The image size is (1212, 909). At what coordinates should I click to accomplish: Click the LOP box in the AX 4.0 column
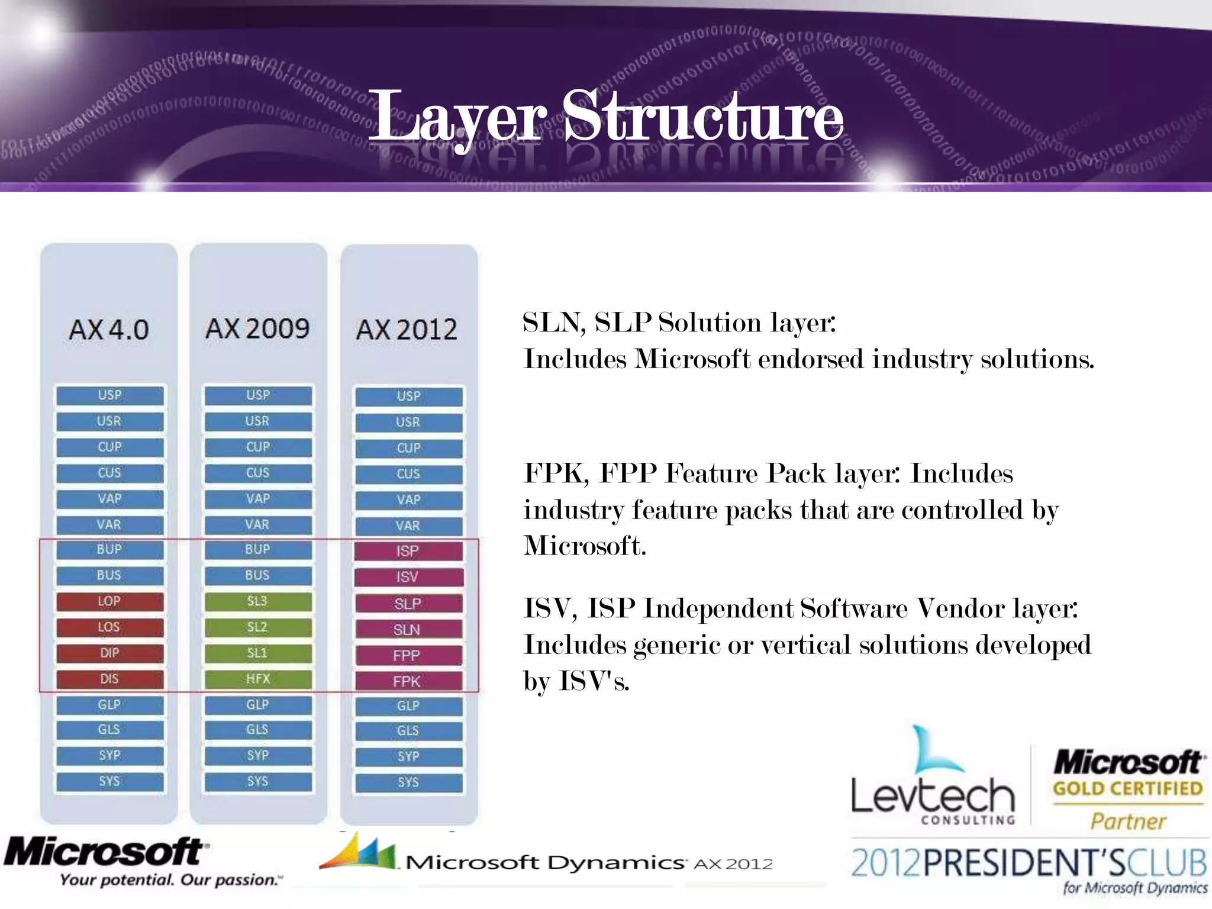[x=109, y=601]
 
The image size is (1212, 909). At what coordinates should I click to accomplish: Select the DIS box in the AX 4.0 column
[x=109, y=679]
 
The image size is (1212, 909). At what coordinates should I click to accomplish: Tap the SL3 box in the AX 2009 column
[x=257, y=601]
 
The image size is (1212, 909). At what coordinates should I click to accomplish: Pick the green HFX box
[x=257, y=679]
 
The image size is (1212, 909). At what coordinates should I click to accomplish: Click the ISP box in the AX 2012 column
[x=408, y=551]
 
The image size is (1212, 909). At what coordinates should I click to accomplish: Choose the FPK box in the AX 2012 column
[x=408, y=681]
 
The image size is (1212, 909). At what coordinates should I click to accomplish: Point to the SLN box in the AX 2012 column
[x=408, y=630]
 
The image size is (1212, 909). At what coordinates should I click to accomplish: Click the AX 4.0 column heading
[x=109, y=330]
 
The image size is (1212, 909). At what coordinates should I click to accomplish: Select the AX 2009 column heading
[x=257, y=328]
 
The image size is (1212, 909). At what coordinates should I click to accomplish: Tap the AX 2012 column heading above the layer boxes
[x=407, y=330]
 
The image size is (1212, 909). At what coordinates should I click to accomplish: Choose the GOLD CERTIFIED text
[x=1127, y=789]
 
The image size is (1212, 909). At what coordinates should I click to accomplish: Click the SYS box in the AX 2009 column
[x=257, y=781]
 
